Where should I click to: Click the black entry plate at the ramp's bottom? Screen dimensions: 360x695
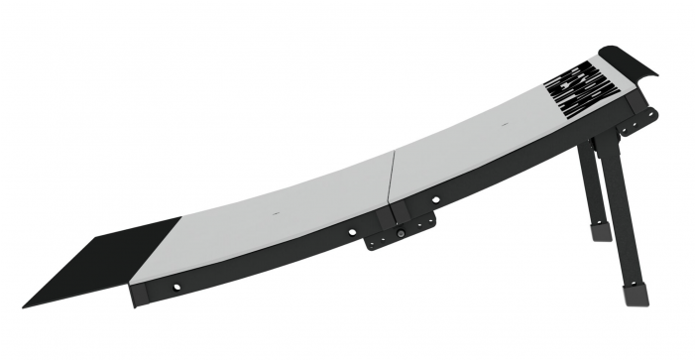99,261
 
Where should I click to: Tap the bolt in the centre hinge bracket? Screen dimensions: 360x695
400,234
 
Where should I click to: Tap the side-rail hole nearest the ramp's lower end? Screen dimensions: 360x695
177,287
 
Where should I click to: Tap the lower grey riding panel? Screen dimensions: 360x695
278,223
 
